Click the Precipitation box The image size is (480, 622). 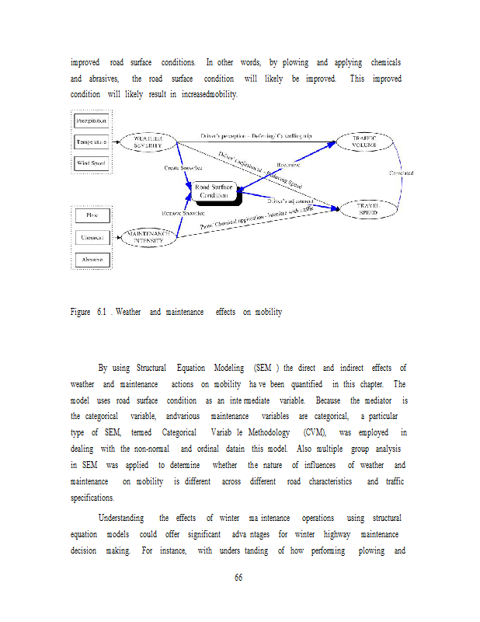tap(92, 121)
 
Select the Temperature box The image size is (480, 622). tap(92, 142)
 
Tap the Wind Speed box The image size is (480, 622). tap(92, 163)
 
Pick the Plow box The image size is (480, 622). tap(92, 215)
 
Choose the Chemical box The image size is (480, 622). tap(92, 237)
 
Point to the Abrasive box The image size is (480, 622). tap(92, 259)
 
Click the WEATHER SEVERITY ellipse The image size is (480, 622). tap(148, 142)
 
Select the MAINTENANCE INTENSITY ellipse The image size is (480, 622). tap(148, 236)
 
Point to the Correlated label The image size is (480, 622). tap(401, 173)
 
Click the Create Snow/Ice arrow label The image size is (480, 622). tap(184, 167)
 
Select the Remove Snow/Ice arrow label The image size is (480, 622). tap(183, 212)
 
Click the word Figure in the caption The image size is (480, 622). tap(81, 312)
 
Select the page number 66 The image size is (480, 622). tap(239, 577)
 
